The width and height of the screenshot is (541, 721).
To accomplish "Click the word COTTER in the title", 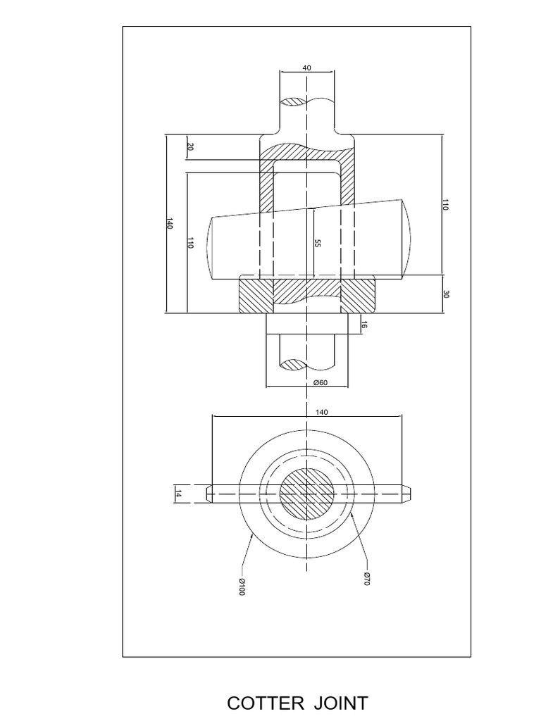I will click(x=263, y=703).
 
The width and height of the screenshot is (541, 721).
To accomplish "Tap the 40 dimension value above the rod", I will click(x=306, y=68).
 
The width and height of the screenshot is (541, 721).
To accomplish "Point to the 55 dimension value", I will click(x=318, y=243).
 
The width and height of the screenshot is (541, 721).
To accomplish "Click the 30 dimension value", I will click(x=445, y=294).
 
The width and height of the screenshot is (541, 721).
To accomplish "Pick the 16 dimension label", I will click(x=363, y=325).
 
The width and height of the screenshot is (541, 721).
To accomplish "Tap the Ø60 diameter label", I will click(x=321, y=382).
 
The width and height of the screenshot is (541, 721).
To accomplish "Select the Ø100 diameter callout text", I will click(x=241, y=587).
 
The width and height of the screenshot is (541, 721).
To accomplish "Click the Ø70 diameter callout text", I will click(x=367, y=579).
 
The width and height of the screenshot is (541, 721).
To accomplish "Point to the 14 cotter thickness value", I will click(x=178, y=494).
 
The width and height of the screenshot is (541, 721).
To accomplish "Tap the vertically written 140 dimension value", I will click(x=169, y=224).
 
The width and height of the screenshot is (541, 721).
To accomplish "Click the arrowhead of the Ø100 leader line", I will click(x=253, y=535).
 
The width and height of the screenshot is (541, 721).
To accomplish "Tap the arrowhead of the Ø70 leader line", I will click(x=352, y=515).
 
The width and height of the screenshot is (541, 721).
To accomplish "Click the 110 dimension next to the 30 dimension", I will click(x=445, y=204).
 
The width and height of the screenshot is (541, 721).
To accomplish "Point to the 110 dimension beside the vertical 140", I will click(x=190, y=243).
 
